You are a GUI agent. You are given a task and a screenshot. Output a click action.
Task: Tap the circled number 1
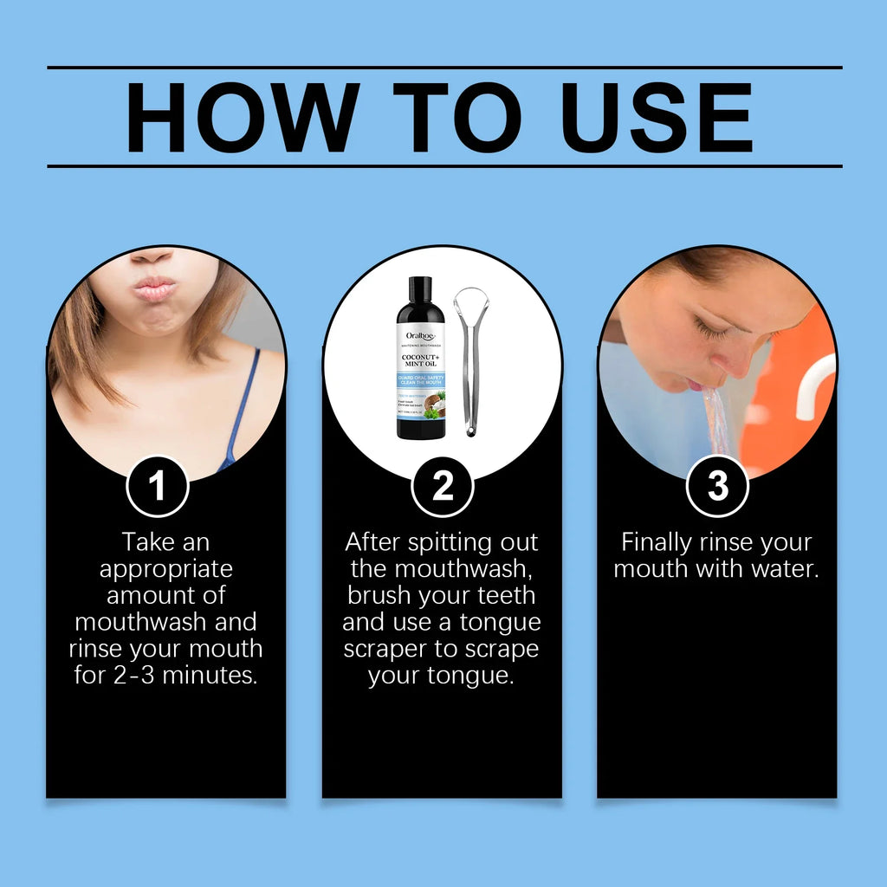tap(157, 487)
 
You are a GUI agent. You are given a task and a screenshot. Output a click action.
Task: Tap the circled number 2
tap(443, 487)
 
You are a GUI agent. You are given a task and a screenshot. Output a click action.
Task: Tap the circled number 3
tap(717, 487)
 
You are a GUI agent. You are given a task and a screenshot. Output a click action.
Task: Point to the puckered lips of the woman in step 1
tap(155, 288)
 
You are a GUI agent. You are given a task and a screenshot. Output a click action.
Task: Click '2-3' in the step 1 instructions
tap(136, 676)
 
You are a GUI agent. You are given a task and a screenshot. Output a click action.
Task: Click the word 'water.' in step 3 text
tap(784, 569)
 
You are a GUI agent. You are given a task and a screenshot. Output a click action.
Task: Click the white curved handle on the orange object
tap(814, 381)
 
